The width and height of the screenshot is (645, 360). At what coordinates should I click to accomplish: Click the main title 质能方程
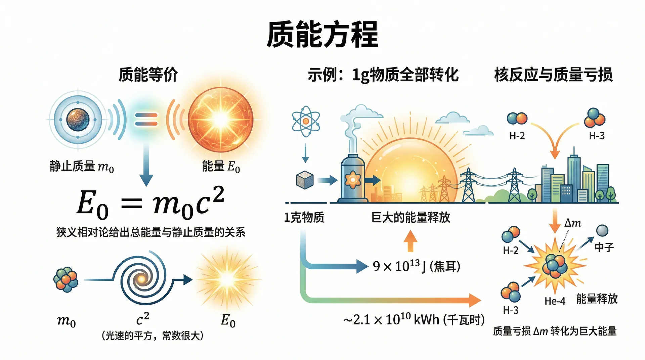[322, 34]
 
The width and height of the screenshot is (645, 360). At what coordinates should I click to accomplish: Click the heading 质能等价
[148, 75]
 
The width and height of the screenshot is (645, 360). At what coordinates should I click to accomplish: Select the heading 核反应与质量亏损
[553, 75]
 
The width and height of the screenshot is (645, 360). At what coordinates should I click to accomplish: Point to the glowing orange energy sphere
[220, 120]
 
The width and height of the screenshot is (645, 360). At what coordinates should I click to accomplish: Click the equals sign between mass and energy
[146, 120]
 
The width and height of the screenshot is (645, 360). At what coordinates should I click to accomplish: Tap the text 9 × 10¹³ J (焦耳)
[417, 266]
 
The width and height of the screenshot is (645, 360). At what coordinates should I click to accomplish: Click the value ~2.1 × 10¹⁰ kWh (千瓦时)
[414, 319]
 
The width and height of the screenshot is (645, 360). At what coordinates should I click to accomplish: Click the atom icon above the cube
[306, 122]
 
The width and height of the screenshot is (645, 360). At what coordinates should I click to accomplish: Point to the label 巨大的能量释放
[411, 218]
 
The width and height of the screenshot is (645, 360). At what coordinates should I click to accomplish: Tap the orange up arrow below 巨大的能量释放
[410, 241]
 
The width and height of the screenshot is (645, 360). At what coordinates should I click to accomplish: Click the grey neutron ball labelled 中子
[602, 231]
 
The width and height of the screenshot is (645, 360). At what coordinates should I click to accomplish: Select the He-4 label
[555, 301]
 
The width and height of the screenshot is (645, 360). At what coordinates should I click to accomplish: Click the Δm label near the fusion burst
[573, 223]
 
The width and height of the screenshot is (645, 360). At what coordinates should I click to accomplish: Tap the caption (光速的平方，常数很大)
[153, 335]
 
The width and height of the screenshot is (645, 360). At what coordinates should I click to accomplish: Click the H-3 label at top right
[597, 136]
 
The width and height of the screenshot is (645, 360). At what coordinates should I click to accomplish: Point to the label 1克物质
[304, 218]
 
